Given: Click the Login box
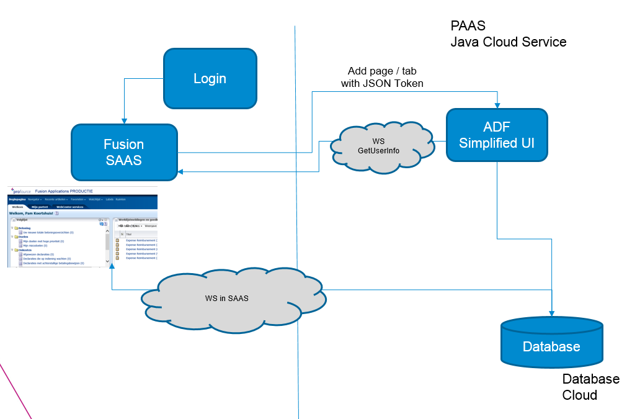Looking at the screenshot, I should [210, 78].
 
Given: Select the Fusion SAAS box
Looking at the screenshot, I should [124, 151].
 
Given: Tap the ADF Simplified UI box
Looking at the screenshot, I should [497, 135].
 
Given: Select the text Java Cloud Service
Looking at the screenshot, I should [508, 42].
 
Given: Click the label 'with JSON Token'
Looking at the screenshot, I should [382, 83].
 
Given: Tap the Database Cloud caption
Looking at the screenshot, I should [590, 387].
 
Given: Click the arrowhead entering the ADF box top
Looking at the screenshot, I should [497, 105].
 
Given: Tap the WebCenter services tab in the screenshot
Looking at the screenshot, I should [69, 207].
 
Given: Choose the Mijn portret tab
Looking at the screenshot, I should [40, 207].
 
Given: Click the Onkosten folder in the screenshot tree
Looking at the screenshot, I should [24, 250].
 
